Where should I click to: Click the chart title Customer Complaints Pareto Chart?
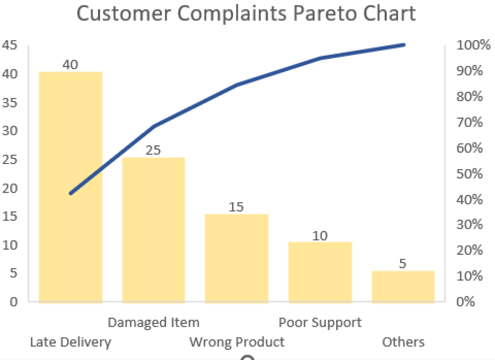[x=246, y=14]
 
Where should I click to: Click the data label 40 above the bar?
[x=70, y=65]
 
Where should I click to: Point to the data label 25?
[x=153, y=150]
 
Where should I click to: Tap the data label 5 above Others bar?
[x=403, y=264]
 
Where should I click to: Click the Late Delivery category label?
[x=71, y=342]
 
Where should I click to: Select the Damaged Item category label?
[x=153, y=322]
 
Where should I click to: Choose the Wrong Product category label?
[x=237, y=342]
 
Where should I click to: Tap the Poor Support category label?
[x=320, y=322]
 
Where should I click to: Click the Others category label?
[x=403, y=342]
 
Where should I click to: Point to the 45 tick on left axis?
[x=10, y=45]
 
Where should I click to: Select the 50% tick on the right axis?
[x=470, y=174]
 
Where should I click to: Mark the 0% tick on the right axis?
[x=466, y=302]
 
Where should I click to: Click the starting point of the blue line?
[x=71, y=193]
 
